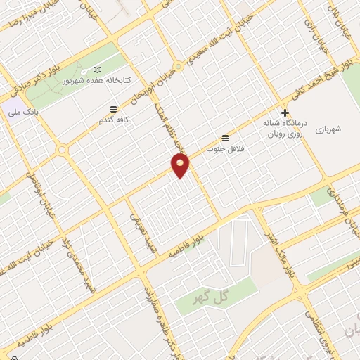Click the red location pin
click(x=181, y=166)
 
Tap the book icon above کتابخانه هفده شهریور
click(x=97, y=70)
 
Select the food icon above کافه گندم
click(x=114, y=108)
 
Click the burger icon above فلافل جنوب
click(x=225, y=137)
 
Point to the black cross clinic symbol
click(x=285, y=112)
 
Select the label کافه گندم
click(x=114, y=120)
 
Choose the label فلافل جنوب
click(x=219, y=149)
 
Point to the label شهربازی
click(x=327, y=129)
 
